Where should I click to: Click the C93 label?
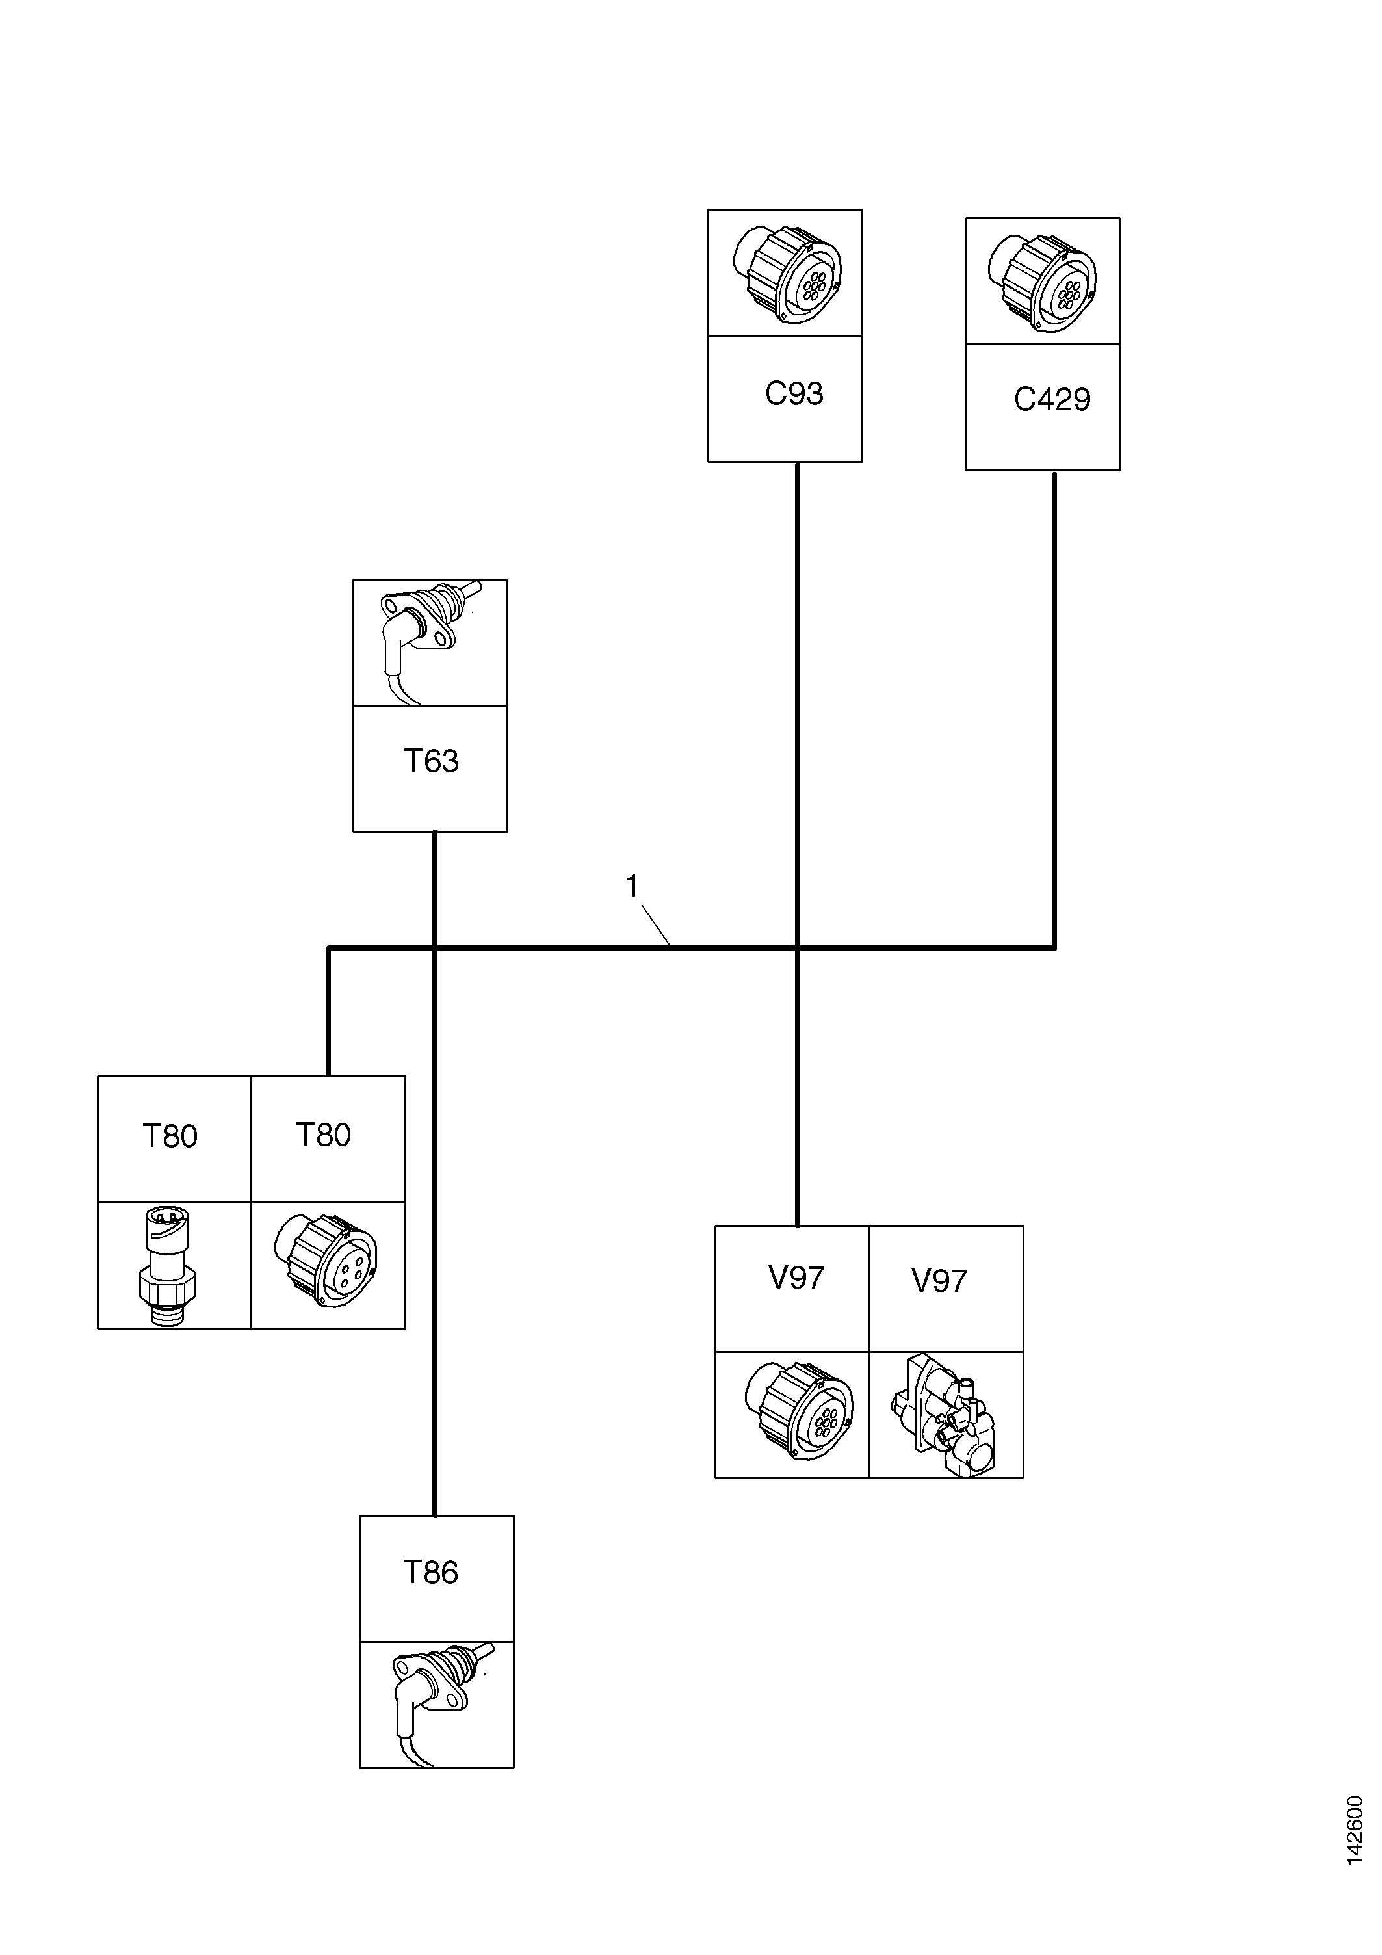click(794, 393)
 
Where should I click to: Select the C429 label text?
click(1052, 399)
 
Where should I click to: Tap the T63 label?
click(431, 761)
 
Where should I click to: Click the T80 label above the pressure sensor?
click(170, 1136)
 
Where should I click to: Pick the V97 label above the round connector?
click(796, 1278)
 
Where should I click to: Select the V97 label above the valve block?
click(939, 1281)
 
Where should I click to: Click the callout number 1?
click(632, 886)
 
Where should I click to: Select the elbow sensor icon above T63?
click(431, 640)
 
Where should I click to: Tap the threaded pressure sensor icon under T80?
click(168, 1265)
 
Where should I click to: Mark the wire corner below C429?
click(1054, 947)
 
